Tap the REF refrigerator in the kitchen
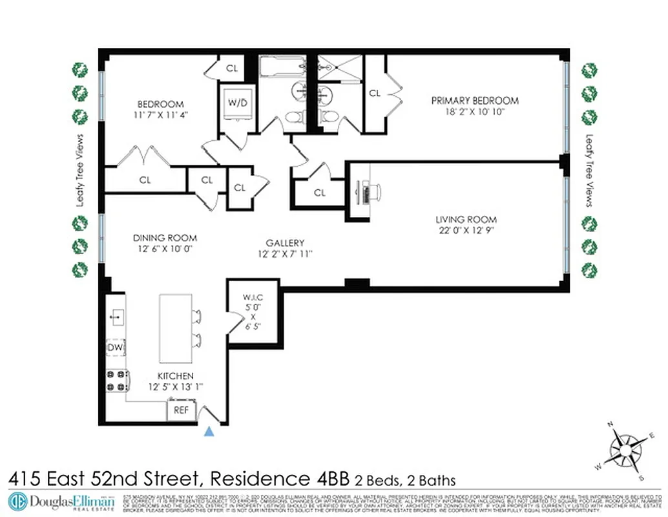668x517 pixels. (x=182, y=410)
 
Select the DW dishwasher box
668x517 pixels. (x=115, y=348)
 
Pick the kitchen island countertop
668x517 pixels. (x=176, y=328)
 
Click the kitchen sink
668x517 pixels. (x=116, y=316)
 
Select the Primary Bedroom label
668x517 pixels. (x=475, y=100)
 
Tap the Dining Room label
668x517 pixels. (x=165, y=238)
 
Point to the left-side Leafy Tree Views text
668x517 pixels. (x=80, y=170)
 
